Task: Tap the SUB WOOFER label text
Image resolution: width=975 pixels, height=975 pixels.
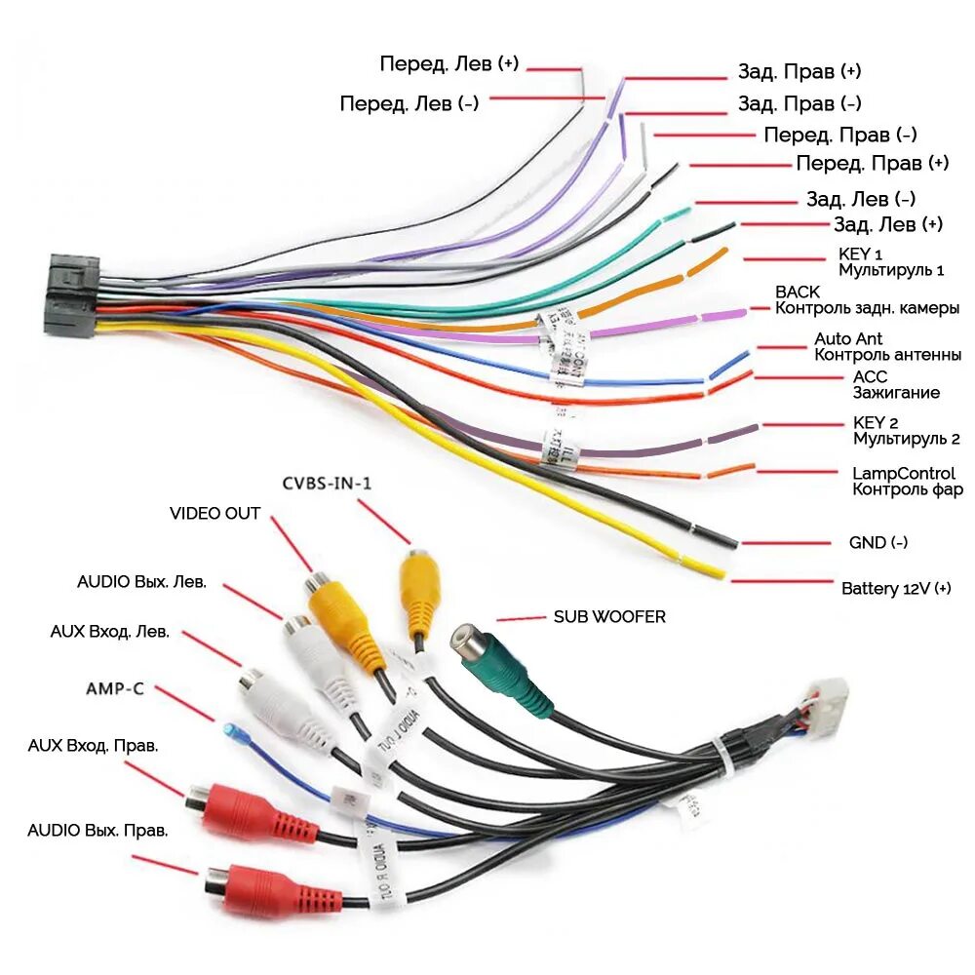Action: (x=609, y=617)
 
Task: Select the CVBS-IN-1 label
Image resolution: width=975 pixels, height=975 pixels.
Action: (x=328, y=482)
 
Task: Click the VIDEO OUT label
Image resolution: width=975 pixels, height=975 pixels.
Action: (x=214, y=513)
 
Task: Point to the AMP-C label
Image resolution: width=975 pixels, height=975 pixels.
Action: (x=115, y=688)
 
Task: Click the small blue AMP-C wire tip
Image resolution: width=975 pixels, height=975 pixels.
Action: (x=230, y=730)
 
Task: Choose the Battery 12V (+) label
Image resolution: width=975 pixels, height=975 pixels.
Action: (x=895, y=589)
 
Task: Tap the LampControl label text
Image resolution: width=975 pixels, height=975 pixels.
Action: (x=904, y=473)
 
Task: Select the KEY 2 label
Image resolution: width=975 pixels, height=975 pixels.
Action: (x=875, y=422)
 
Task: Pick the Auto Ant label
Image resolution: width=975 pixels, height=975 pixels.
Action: (x=849, y=339)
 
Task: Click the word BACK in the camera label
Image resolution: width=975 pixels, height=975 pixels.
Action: (x=797, y=292)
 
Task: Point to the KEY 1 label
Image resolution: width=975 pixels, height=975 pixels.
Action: (x=861, y=253)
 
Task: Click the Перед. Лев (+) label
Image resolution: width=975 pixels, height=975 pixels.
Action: (x=449, y=64)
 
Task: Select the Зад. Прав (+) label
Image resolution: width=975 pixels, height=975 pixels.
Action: (x=799, y=72)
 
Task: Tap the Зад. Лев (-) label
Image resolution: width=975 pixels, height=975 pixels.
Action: (x=860, y=199)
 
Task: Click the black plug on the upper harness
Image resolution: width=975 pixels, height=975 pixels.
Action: (x=72, y=295)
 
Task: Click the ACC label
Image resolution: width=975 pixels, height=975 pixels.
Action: (x=871, y=376)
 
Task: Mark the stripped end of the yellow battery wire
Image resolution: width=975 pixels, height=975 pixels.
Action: (x=710, y=570)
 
